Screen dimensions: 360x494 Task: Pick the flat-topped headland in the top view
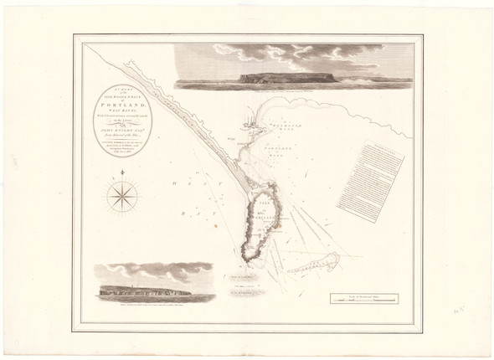[289, 77]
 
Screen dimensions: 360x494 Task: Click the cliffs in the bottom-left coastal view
[142, 291]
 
